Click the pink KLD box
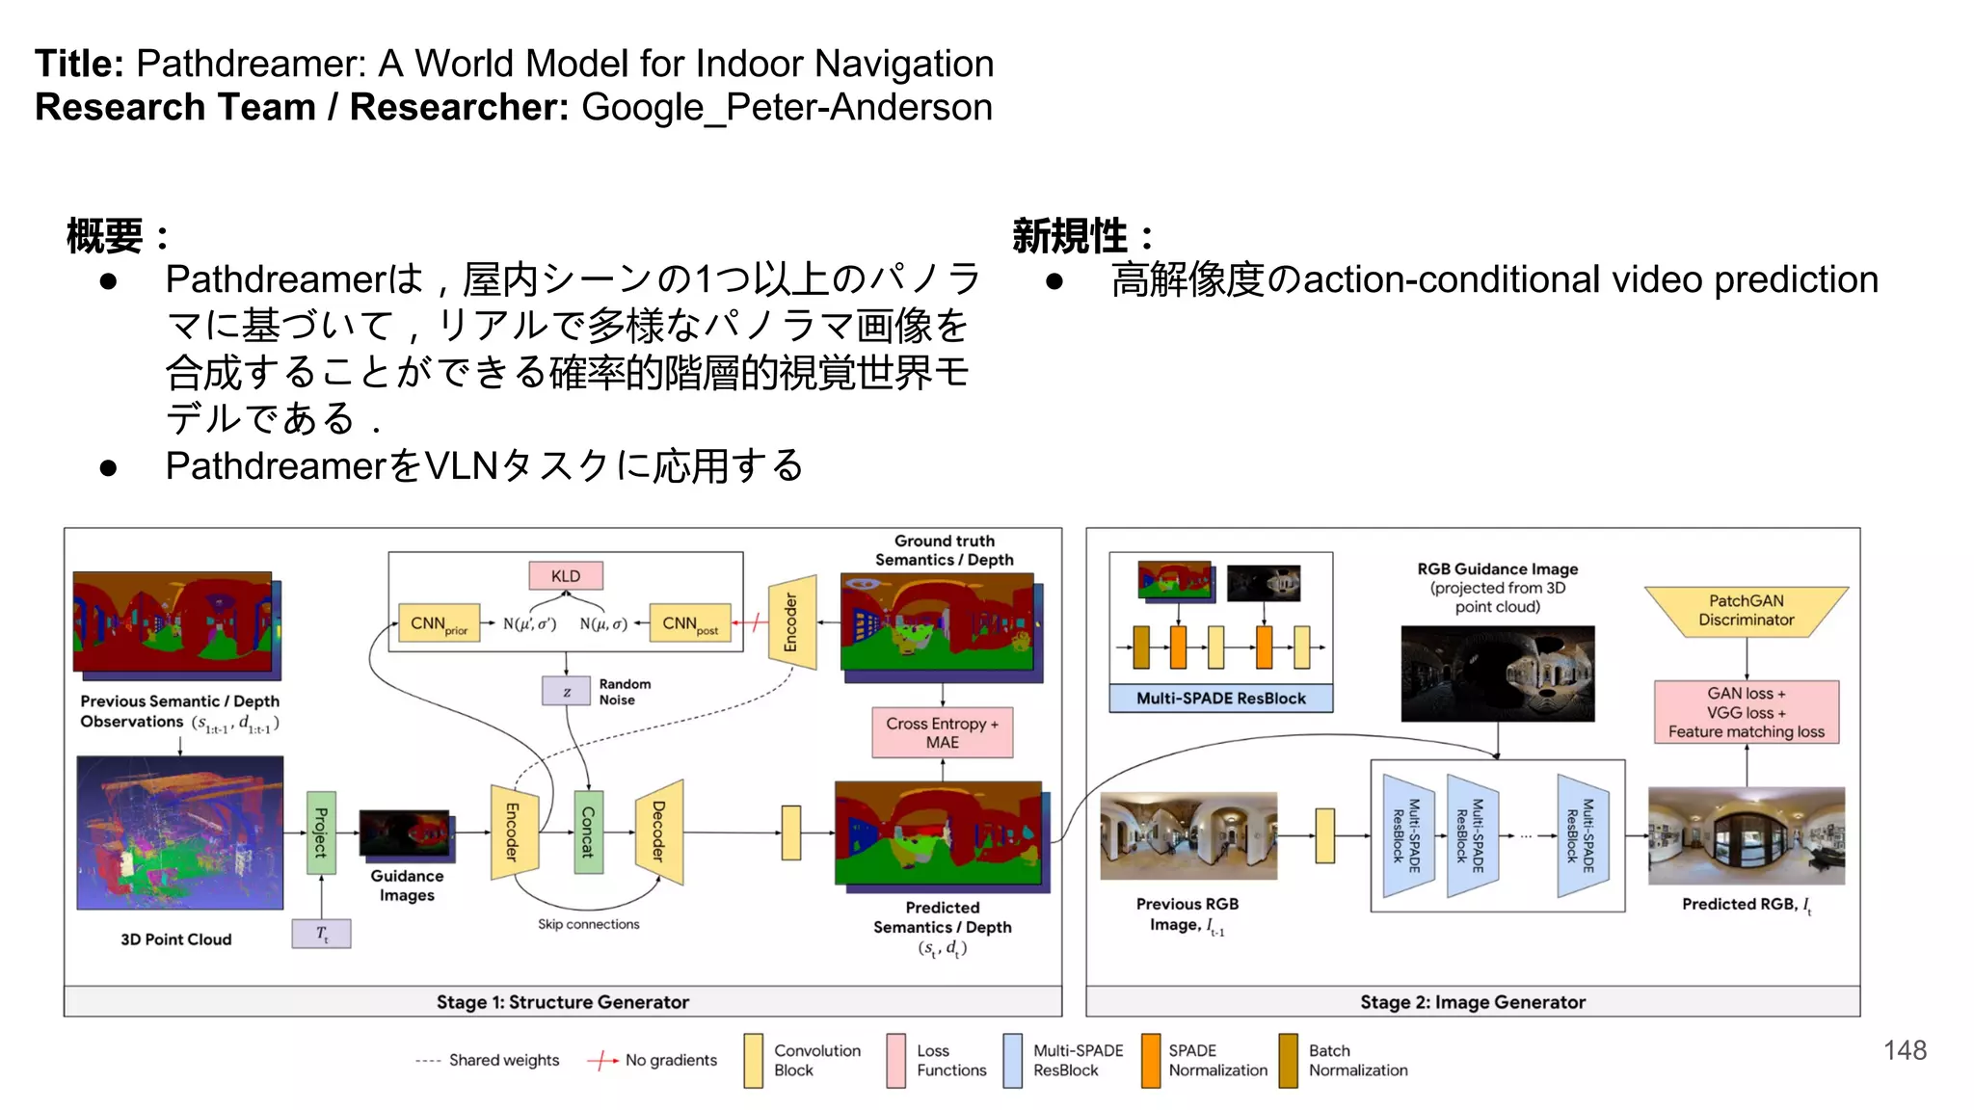click(566, 576)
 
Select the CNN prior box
click(439, 623)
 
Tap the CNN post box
click(690, 623)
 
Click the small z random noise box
click(566, 691)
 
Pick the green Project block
click(321, 832)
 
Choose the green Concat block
click(588, 832)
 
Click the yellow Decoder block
click(659, 832)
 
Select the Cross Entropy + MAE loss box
click(942, 732)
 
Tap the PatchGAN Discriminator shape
click(1746, 611)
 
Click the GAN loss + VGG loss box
click(1746, 712)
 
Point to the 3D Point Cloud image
click(180, 833)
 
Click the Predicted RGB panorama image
click(1746, 835)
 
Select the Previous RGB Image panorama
click(1188, 835)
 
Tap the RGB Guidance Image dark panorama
click(1497, 674)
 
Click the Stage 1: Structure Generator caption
click(563, 1002)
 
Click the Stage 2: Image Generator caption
click(1473, 1002)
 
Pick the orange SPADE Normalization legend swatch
click(1151, 1061)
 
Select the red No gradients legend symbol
click(602, 1061)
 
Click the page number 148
click(1905, 1050)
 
